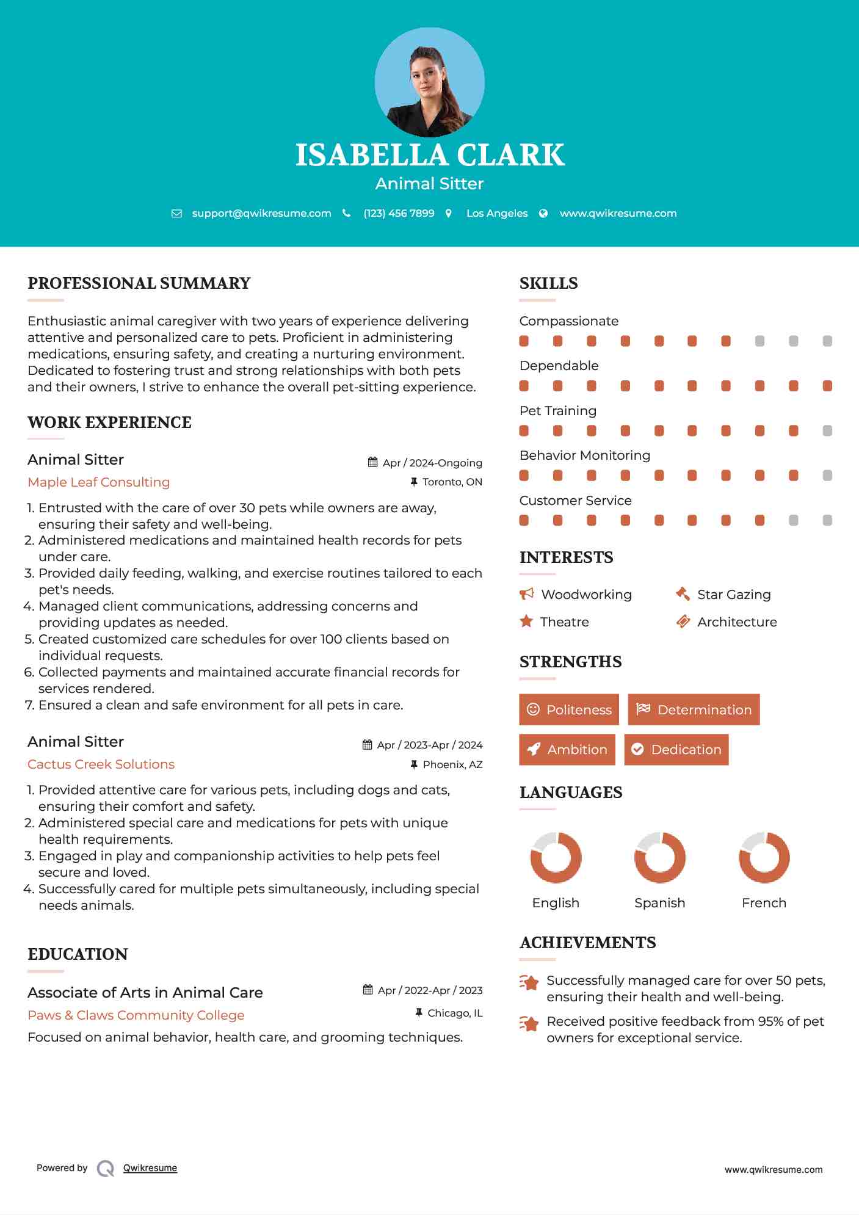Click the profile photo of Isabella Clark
click(x=429, y=82)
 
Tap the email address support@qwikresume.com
click(x=261, y=213)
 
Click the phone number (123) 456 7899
click(x=399, y=213)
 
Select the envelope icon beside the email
click(x=176, y=213)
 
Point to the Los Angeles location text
click(x=497, y=213)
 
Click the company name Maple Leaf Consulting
click(x=98, y=482)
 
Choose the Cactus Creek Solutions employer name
click(x=101, y=764)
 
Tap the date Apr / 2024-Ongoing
click(x=432, y=463)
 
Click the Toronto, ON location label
click(x=452, y=482)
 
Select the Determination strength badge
click(x=694, y=709)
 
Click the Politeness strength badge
click(x=568, y=709)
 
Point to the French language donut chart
click(x=764, y=857)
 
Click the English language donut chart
click(x=556, y=857)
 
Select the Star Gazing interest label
click(x=734, y=594)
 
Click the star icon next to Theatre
click(x=526, y=622)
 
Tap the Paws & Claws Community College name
click(x=136, y=1015)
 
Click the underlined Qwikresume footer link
click(x=150, y=1168)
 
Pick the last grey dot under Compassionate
click(x=827, y=341)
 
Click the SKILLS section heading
click(x=548, y=283)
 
